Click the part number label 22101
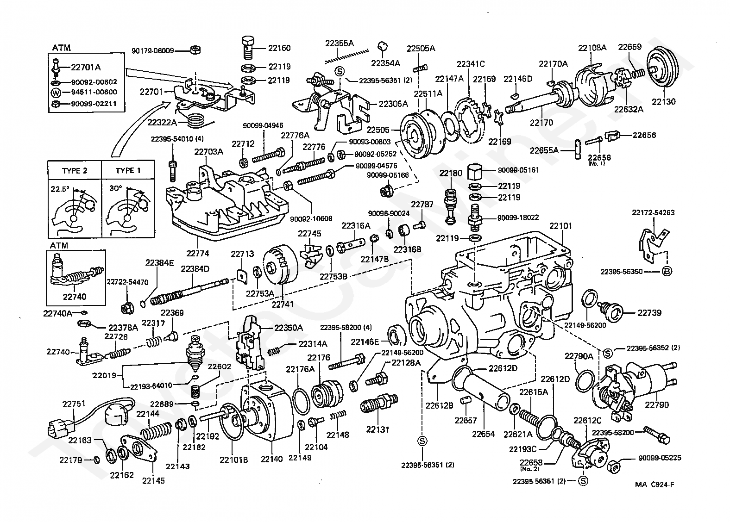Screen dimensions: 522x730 pos(560,226)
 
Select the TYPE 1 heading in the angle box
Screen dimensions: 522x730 pos(128,170)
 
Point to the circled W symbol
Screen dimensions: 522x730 pos(56,92)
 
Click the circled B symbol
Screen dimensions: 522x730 pos(666,271)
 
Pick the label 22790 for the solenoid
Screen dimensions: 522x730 pos(657,405)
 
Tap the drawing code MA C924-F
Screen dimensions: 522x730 pos(654,485)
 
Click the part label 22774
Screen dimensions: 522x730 pos(198,253)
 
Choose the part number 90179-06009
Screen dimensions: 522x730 pos(152,50)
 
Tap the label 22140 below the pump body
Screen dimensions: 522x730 pos(271,459)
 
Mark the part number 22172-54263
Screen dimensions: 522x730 pos(653,213)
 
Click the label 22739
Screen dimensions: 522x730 pos(649,313)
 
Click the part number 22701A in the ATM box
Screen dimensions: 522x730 pos(86,67)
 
